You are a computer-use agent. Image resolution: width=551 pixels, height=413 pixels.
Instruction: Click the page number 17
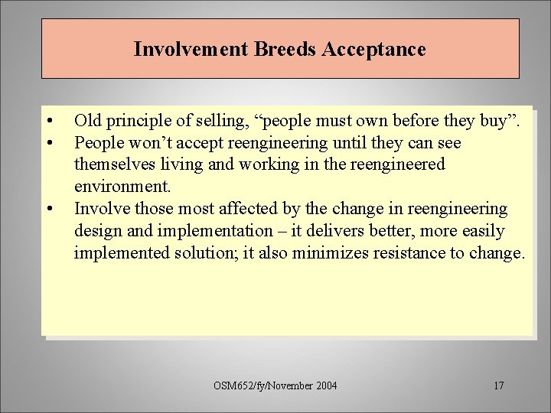click(498, 385)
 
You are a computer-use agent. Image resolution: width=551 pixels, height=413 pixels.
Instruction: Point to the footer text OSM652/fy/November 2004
click(276, 385)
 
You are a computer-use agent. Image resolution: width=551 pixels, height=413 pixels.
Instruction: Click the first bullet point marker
click(49, 121)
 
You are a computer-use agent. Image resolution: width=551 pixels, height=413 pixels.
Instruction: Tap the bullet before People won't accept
click(49, 143)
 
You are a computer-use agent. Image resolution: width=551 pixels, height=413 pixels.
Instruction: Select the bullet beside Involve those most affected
click(49, 209)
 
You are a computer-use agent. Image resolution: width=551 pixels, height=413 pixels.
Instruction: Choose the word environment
click(121, 187)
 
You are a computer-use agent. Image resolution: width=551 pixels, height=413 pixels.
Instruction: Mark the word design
click(96, 231)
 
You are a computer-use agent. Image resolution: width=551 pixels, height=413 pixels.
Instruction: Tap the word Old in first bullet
click(86, 121)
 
